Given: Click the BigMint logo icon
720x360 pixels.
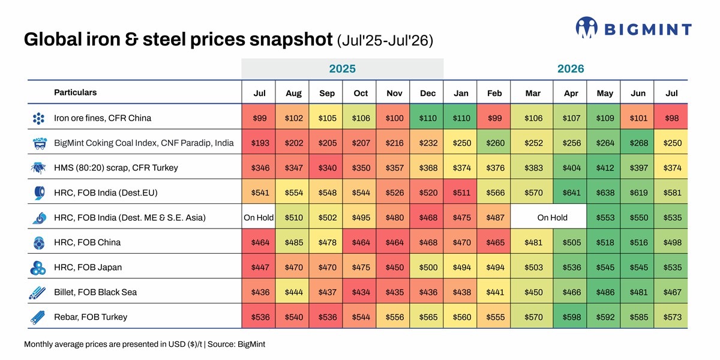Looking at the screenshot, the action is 587,28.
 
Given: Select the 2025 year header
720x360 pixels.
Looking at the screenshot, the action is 343,69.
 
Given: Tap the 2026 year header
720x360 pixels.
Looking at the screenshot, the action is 571,69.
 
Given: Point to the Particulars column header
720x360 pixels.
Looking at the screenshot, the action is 75,92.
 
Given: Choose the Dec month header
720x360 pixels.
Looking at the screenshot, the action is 428,93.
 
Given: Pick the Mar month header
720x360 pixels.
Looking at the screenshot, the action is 533,93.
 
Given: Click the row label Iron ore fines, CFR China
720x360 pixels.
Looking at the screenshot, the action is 103,118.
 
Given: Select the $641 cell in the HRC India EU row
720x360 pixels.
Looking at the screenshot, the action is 571,193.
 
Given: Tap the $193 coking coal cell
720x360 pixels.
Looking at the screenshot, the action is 260,143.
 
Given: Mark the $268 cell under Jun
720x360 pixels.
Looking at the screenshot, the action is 638,143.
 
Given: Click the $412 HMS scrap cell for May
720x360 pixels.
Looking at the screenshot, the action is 605,168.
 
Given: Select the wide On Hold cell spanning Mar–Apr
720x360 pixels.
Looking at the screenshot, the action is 552,218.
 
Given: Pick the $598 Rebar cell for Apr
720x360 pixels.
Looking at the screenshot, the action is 571,317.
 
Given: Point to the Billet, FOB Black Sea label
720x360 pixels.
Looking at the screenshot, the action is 95,292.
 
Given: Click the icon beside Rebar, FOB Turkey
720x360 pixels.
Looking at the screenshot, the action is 38,317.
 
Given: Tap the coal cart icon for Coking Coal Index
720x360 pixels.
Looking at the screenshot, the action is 40,143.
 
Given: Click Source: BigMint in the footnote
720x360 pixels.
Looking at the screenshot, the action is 236,344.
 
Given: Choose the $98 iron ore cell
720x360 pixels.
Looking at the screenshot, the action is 671,118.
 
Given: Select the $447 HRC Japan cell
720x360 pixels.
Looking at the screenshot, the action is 260,267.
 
